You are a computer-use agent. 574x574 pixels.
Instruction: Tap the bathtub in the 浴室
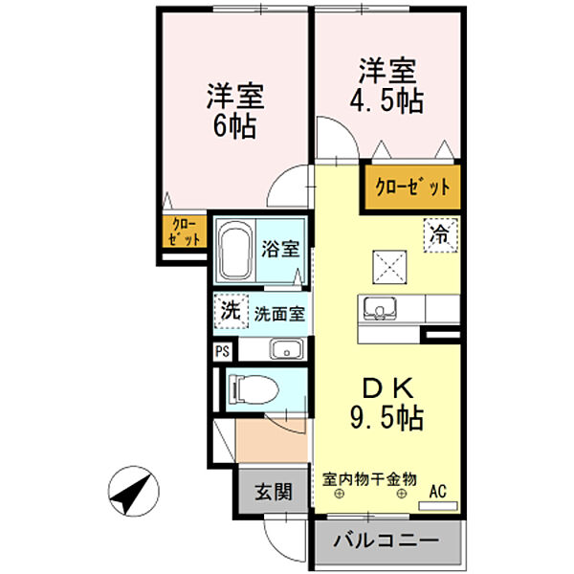[x=234, y=252]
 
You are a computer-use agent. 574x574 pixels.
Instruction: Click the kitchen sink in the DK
[x=379, y=309]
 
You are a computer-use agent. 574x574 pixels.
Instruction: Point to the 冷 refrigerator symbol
[x=442, y=232]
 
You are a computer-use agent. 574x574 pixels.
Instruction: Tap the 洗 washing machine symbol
[x=230, y=311]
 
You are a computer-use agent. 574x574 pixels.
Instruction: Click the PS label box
[x=222, y=350]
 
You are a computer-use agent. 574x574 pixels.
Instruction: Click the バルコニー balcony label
[x=386, y=541]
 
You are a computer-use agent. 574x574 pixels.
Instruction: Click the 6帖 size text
[x=234, y=126]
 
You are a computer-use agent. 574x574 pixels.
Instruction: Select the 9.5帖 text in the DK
[x=387, y=418]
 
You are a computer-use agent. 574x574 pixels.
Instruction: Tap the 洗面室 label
[x=280, y=313]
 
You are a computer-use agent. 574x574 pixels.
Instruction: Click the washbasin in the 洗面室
[x=285, y=349]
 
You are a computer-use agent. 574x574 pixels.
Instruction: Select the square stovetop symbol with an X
[x=387, y=264]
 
